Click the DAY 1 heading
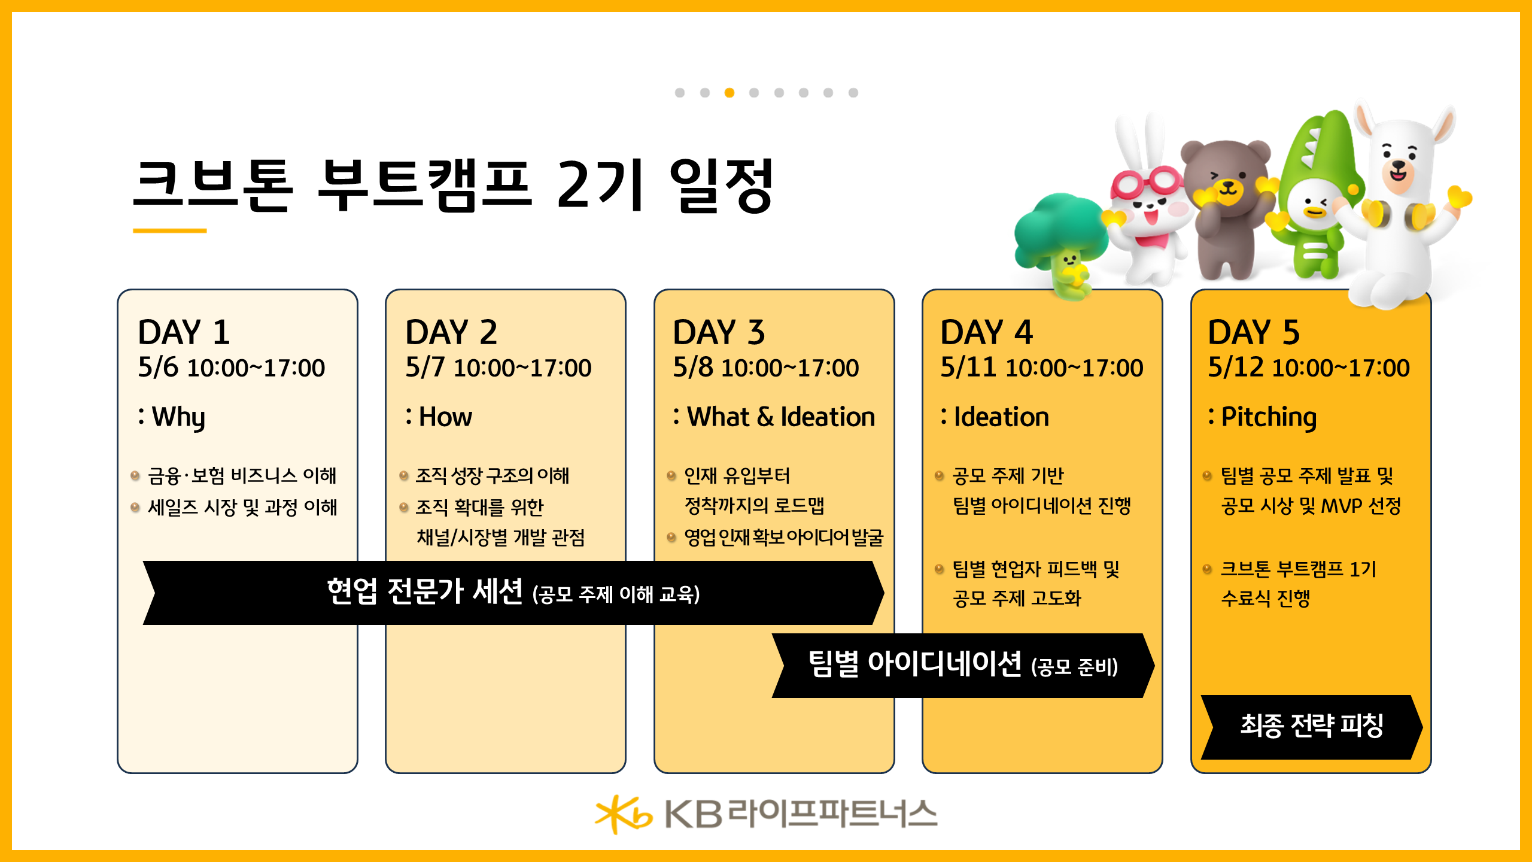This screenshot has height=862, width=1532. point(184,332)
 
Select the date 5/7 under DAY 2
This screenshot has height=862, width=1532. point(425,367)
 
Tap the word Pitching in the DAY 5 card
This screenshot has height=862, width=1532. point(1269,417)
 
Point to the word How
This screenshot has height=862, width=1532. point(445,417)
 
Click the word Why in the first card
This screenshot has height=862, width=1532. point(178,417)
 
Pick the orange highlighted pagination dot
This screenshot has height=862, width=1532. point(729,93)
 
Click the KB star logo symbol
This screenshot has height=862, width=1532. point(622,814)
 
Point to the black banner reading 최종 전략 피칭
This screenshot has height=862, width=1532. point(1311,726)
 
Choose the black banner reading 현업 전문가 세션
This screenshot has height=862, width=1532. point(513,593)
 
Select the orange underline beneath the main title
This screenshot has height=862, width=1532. point(169,230)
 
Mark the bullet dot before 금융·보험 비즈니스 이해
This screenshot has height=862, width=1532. point(135,476)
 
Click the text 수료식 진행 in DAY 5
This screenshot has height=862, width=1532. point(1265,598)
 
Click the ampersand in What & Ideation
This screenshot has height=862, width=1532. point(765,417)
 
